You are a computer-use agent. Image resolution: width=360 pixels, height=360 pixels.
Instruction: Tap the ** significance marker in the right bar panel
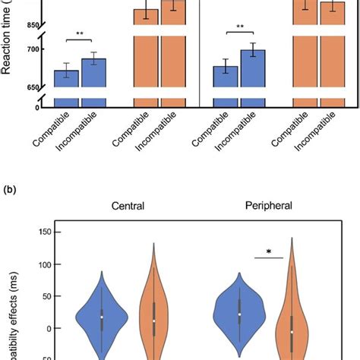coord(240,27)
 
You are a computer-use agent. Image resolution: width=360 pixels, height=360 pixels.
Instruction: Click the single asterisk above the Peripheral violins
coord(268,251)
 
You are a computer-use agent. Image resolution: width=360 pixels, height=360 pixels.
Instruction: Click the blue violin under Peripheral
coord(239,313)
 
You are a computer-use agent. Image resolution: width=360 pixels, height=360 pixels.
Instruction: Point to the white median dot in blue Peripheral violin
coord(239,314)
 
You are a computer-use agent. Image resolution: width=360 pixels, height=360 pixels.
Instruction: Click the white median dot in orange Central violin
coord(153,321)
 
